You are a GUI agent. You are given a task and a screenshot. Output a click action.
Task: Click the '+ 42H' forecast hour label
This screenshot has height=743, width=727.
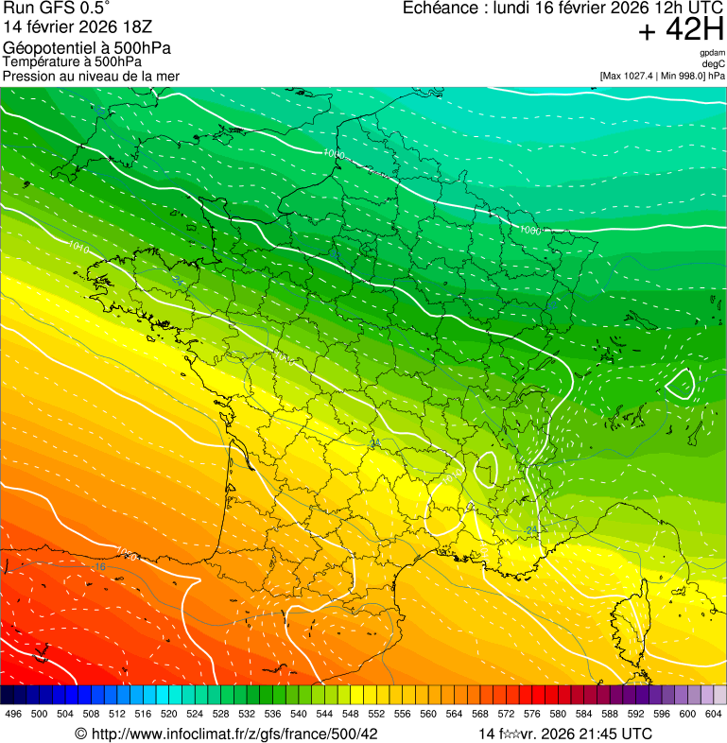coord(681,30)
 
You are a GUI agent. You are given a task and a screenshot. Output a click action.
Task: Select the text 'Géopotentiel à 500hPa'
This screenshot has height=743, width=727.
coord(87,48)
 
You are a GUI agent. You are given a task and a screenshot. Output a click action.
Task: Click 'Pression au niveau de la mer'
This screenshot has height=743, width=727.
coord(91,76)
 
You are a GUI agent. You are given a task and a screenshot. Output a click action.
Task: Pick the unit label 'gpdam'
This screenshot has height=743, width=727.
coord(712,53)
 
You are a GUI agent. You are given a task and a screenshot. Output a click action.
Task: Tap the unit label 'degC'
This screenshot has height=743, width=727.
coord(714,63)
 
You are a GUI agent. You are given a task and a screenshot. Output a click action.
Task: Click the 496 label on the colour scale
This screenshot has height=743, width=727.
coord(13,713)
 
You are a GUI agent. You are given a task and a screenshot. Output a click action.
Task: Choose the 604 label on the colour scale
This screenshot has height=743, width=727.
coord(713,713)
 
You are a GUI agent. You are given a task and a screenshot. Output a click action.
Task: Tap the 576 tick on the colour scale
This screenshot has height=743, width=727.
coord(531,713)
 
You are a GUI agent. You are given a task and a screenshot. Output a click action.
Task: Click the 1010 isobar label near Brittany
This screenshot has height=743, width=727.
coord(79,248)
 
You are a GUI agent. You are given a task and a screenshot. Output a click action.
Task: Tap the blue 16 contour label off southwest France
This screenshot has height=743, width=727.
coord(101,566)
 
